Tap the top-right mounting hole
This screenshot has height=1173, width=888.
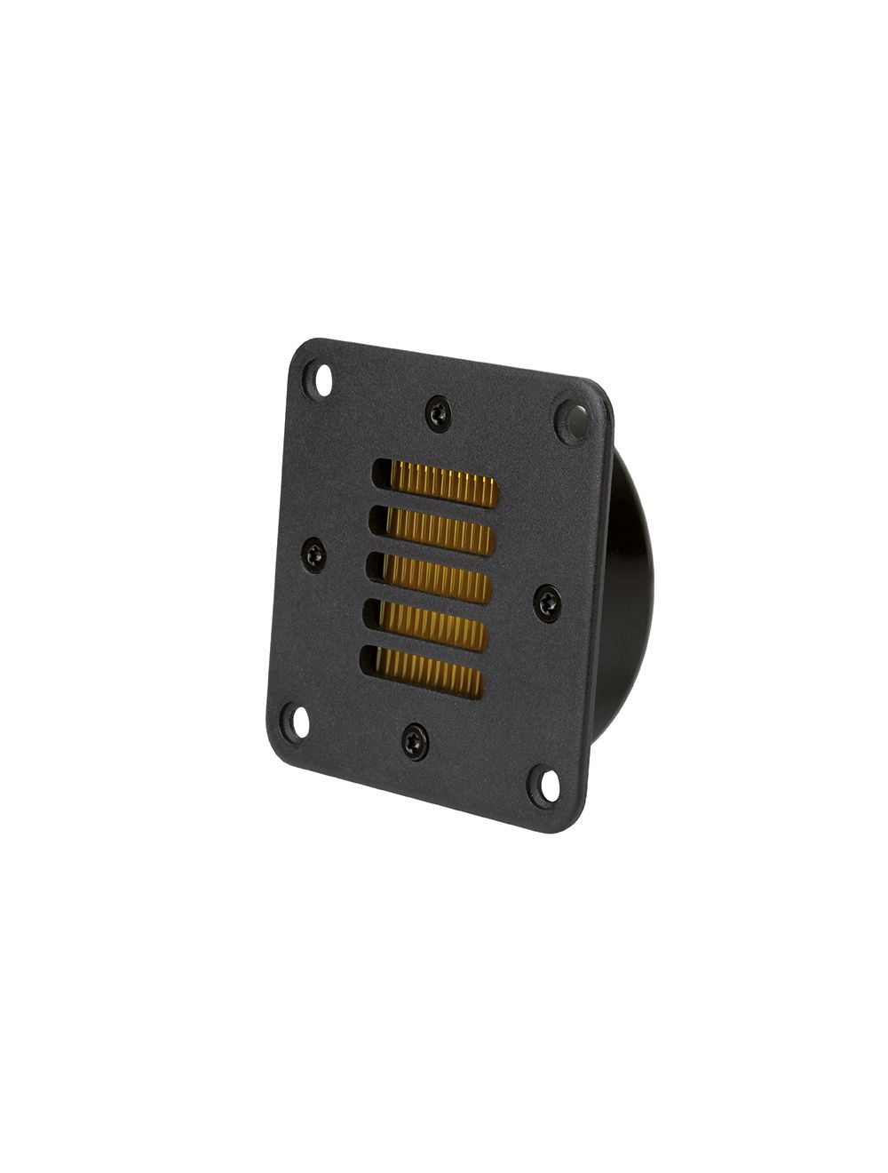tap(571, 418)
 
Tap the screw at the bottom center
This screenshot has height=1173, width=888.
tap(413, 740)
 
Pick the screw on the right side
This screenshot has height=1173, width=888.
tap(547, 604)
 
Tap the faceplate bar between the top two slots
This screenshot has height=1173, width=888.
tap(433, 506)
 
